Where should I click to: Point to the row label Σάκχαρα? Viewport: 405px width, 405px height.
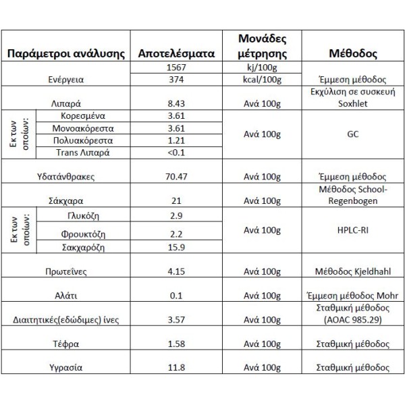click(x=66, y=200)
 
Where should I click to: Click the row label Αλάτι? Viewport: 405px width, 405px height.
click(x=66, y=296)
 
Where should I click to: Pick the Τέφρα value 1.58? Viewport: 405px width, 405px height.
click(x=175, y=344)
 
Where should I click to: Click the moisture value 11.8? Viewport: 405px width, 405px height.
click(x=175, y=369)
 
